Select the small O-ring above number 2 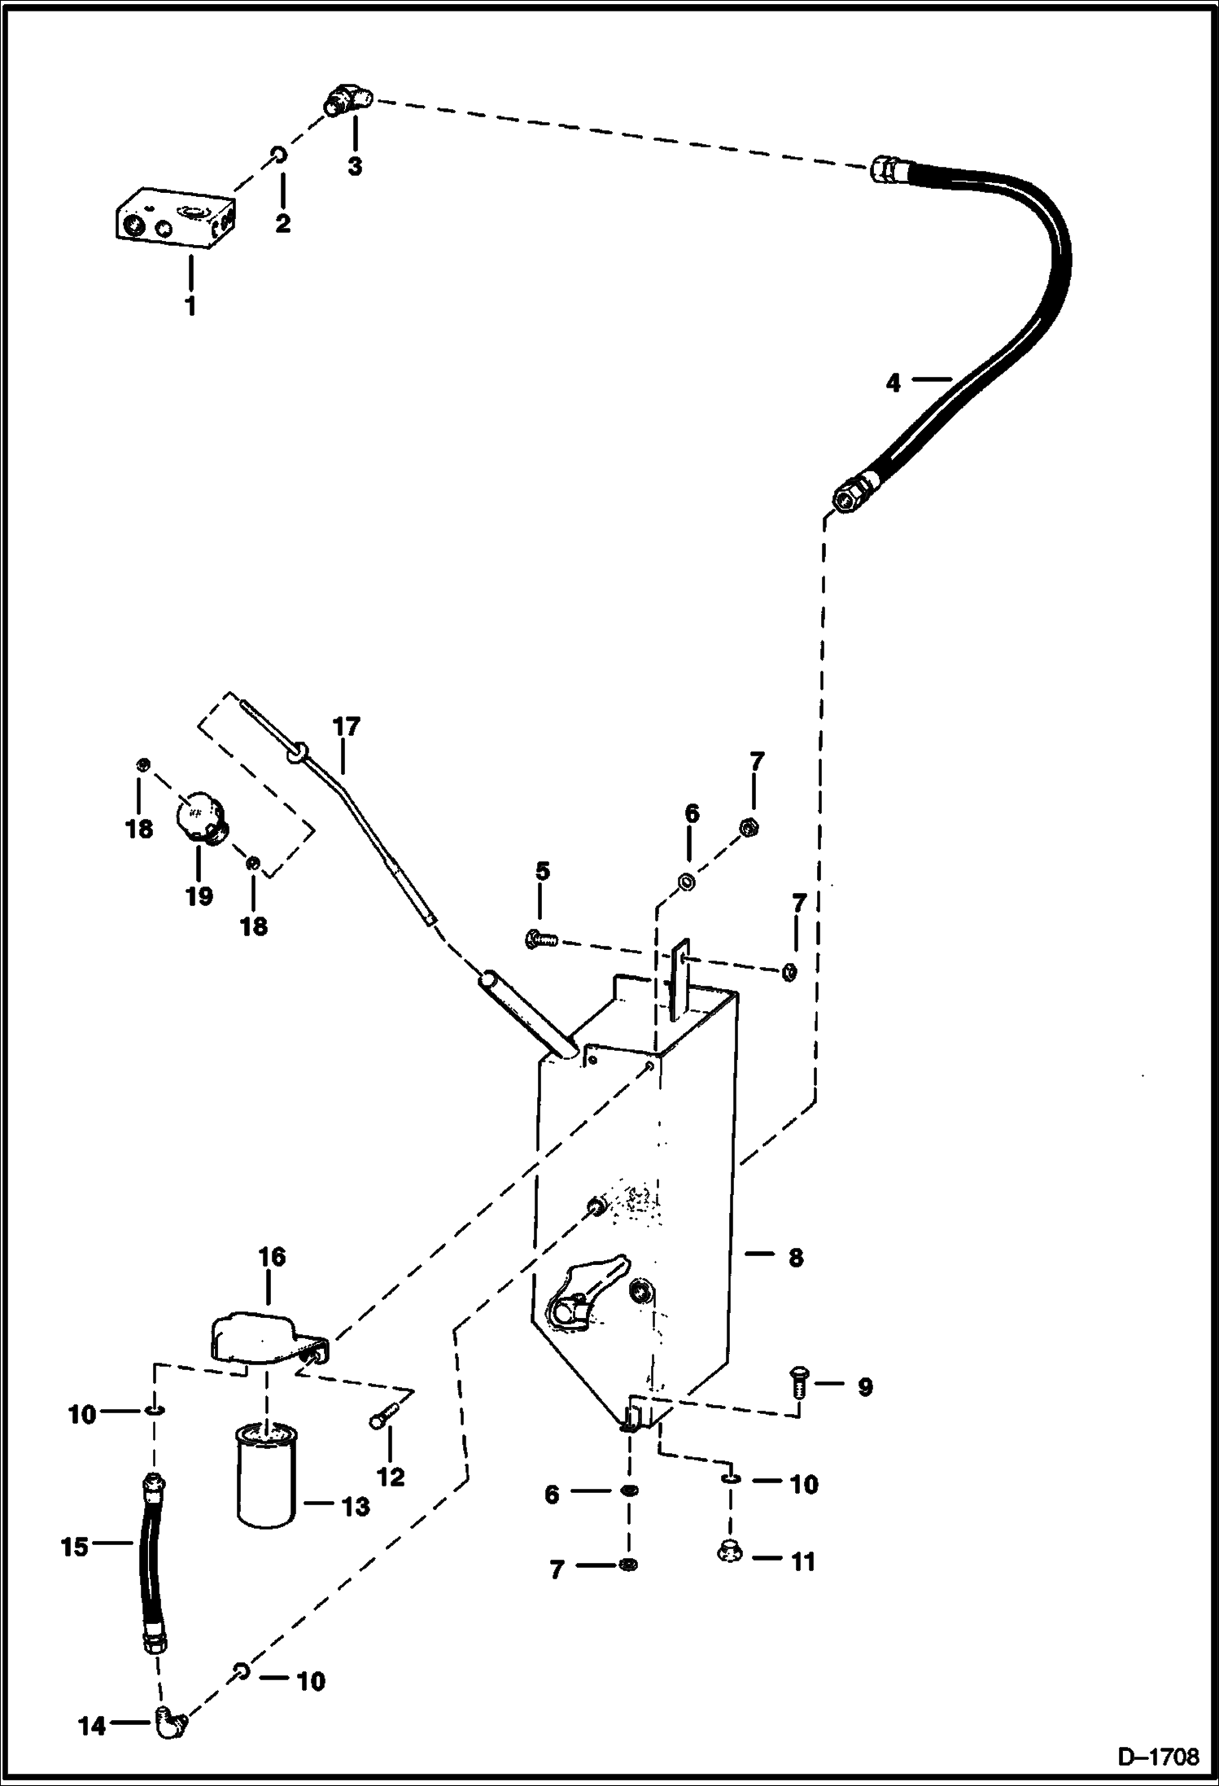277,154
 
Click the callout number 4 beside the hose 893,383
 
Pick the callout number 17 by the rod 346,726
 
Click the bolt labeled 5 540,939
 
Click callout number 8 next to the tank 795,1258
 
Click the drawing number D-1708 1158,1757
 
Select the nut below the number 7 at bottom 627,1565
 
